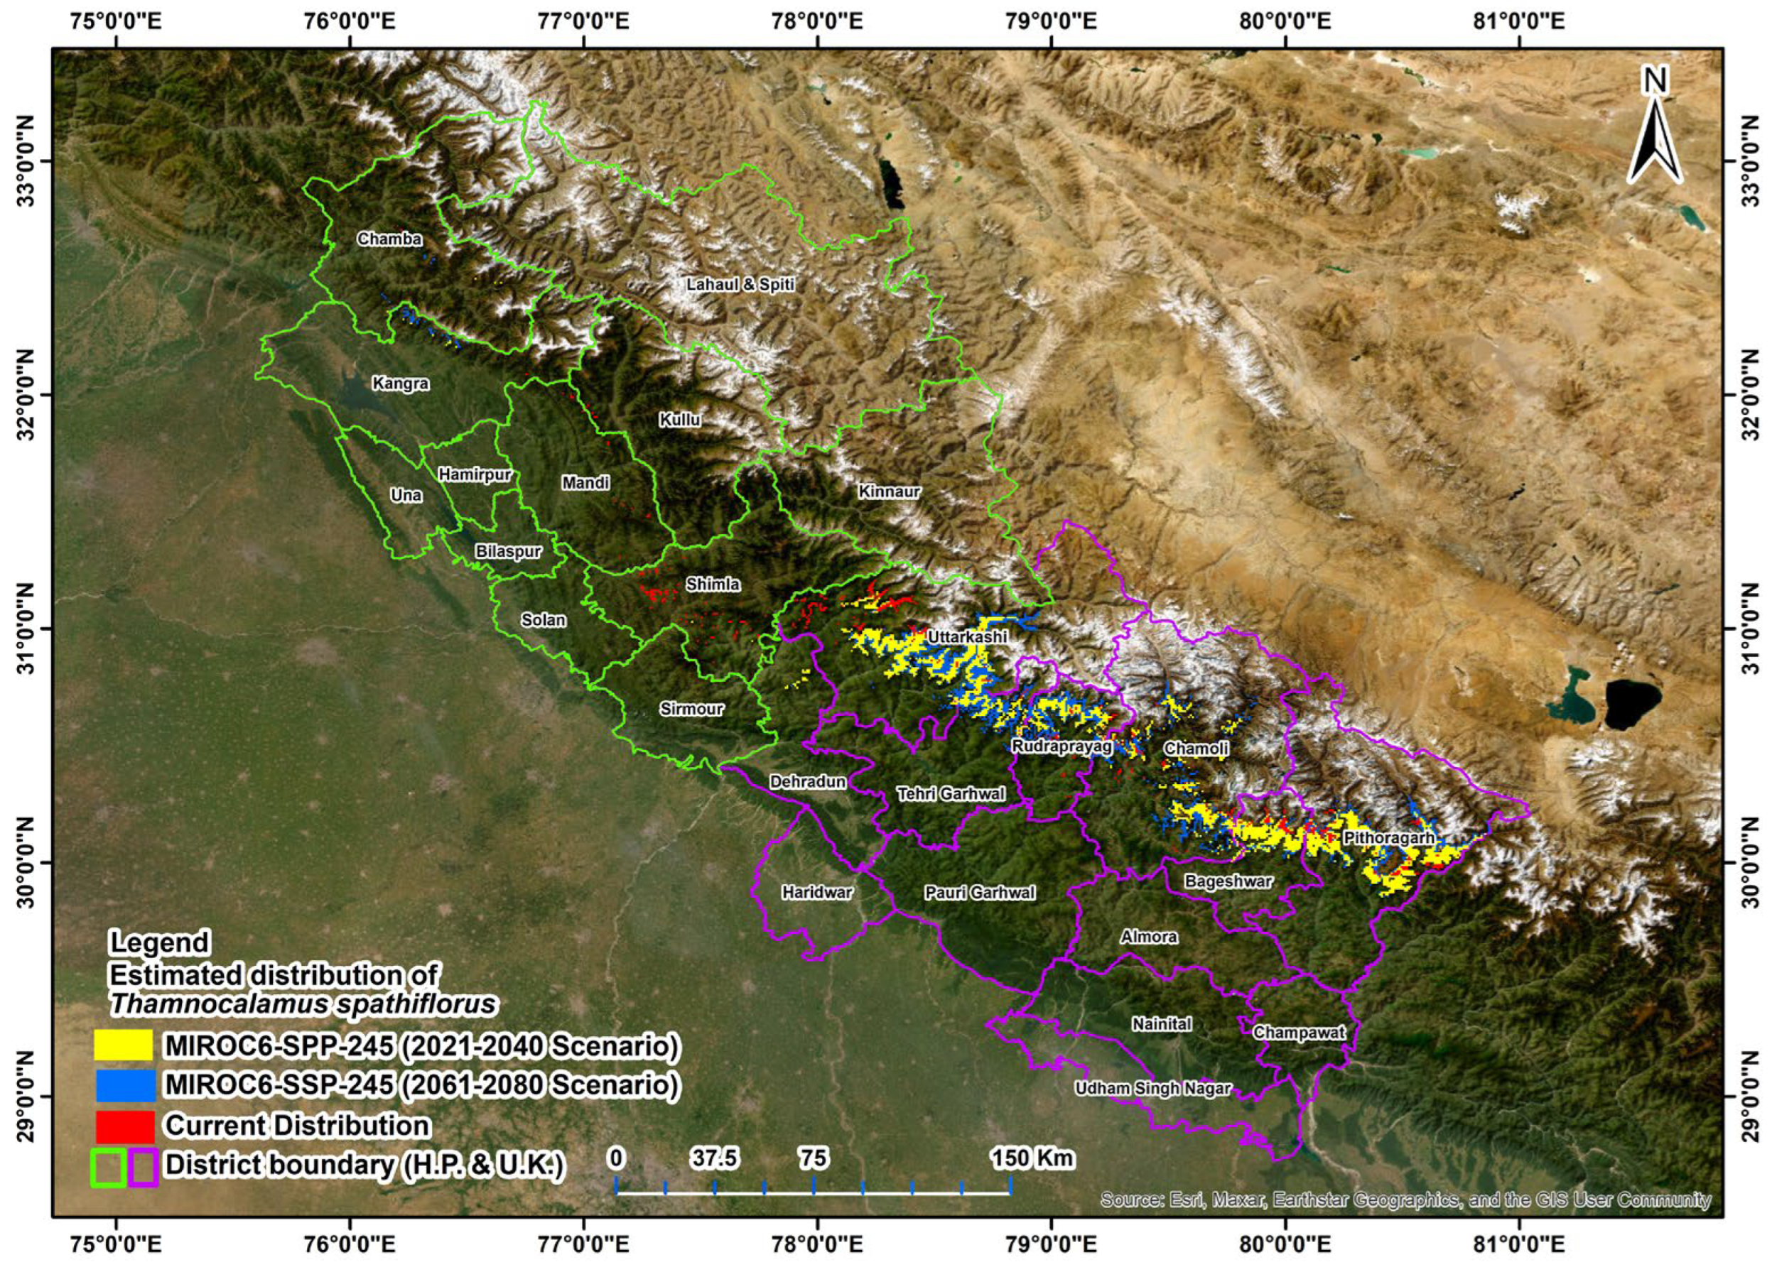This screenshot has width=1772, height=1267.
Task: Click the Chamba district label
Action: pyautogui.click(x=389, y=239)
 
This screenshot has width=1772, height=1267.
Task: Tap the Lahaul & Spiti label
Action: pyautogui.click(x=740, y=285)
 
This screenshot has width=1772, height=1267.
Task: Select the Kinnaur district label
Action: pyautogui.click(x=889, y=492)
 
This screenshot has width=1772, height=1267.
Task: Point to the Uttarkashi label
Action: pyautogui.click(x=967, y=637)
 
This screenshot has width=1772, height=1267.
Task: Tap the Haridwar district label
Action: pyautogui.click(x=817, y=892)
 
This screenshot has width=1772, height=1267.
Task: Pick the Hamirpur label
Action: pyautogui.click(x=475, y=474)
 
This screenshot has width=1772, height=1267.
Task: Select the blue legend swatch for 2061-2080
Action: pyautogui.click(x=124, y=1085)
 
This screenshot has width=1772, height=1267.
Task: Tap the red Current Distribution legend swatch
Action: pyautogui.click(x=124, y=1126)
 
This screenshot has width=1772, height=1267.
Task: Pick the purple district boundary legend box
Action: pyautogui.click(x=144, y=1166)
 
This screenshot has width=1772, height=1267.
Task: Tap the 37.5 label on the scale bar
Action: pyautogui.click(x=714, y=1158)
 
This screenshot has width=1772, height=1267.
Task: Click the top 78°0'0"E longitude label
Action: pyautogui.click(x=818, y=21)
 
